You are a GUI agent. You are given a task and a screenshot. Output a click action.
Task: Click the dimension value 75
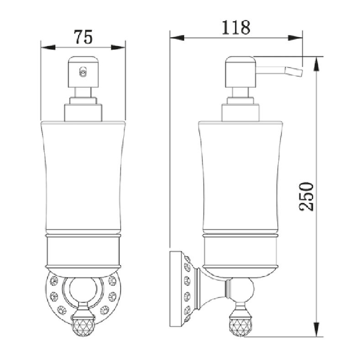83,37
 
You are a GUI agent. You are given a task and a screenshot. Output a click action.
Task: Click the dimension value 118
236,27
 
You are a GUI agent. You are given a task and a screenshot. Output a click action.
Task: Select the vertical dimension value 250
306,197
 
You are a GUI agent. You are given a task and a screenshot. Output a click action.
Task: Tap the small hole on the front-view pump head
83,72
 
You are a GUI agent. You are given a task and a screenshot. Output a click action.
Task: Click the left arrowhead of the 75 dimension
48,47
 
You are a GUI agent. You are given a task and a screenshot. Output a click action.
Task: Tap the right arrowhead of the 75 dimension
118,47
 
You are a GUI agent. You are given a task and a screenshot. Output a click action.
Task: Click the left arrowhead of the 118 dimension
177,38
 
